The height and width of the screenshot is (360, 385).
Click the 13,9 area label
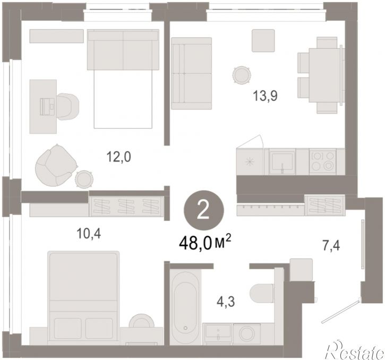(x=265, y=96)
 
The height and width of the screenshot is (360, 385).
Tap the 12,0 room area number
(x=118, y=157)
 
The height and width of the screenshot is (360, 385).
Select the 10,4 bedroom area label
(x=89, y=234)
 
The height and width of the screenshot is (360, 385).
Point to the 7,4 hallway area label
(x=331, y=246)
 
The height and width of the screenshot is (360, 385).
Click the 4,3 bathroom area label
(x=226, y=301)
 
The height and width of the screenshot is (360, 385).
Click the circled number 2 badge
(x=204, y=211)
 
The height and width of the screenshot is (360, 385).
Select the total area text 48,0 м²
(x=206, y=243)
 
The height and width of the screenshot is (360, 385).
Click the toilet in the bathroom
(x=261, y=293)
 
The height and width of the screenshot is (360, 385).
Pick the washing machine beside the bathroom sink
(x=247, y=333)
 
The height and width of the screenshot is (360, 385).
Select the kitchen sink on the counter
(x=282, y=161)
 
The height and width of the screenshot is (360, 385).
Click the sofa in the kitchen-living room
(x=192, y=73)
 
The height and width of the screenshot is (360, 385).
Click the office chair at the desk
(x=67, y=106)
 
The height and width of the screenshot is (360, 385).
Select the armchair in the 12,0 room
(x=56, y=165)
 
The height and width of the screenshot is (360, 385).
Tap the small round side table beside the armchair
(x=84, y=179)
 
